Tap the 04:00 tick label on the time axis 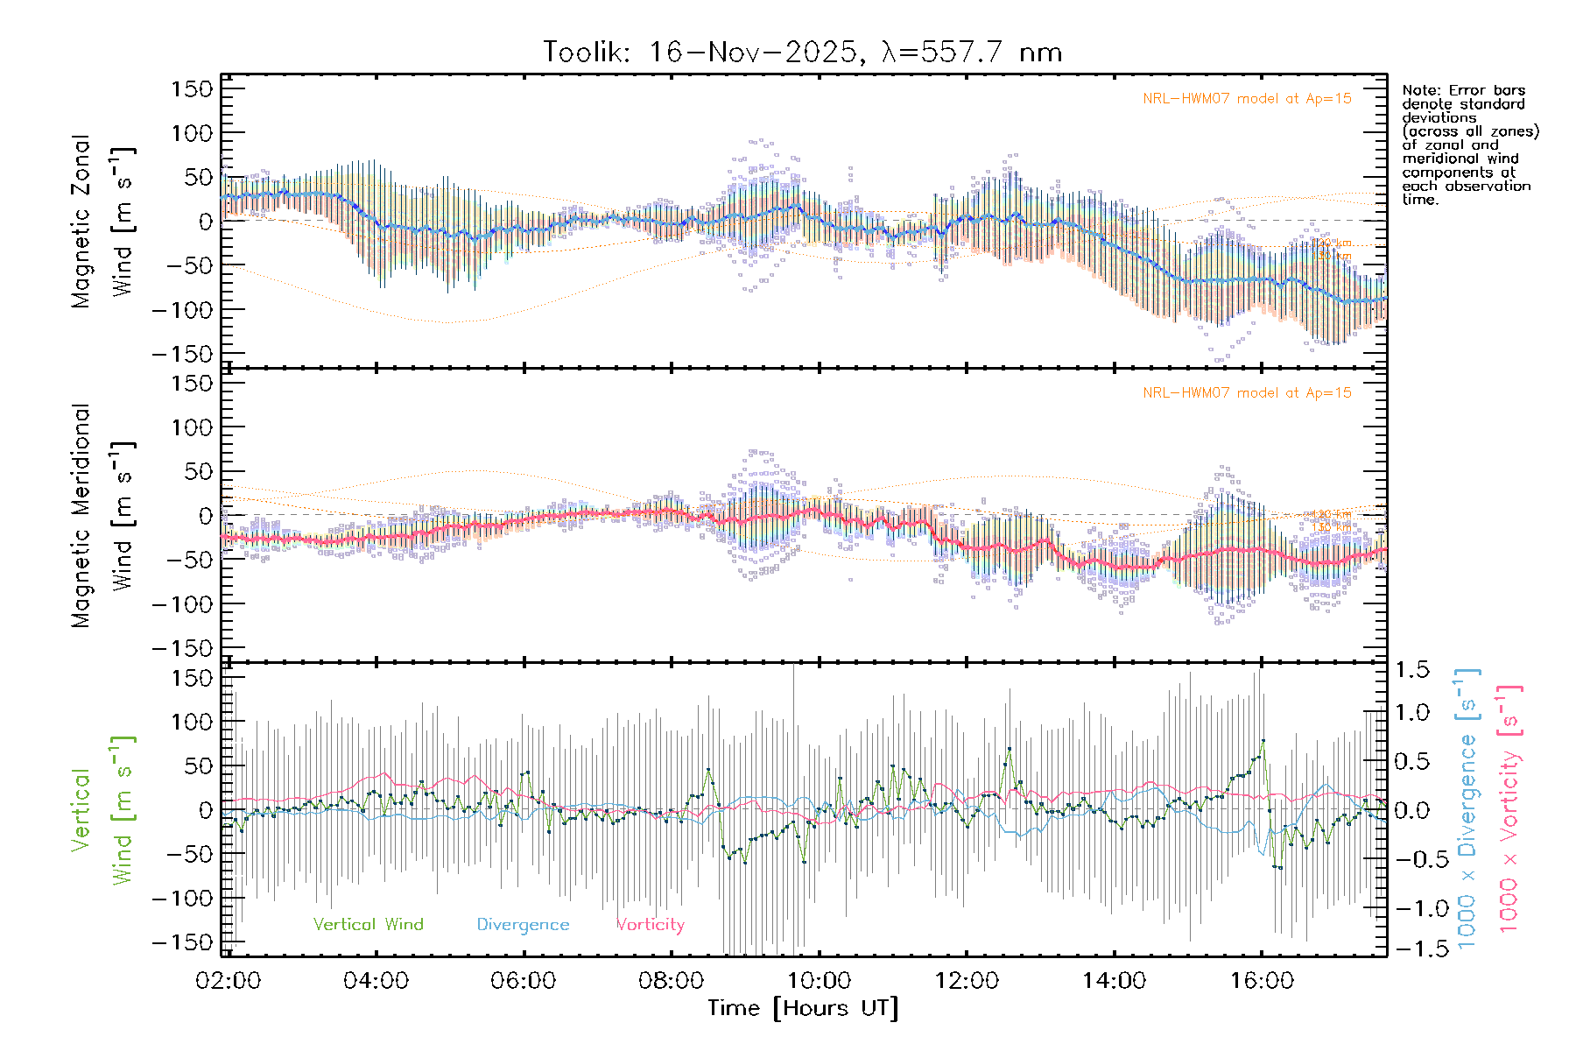click(x=376, y=981)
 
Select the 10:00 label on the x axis click(x=819, y=981)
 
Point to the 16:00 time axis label click(x=1261, y=981)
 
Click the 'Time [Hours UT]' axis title click(x=803, y=1008)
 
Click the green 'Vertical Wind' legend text click(x=368, y=924)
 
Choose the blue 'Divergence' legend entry click(x=523, y=924)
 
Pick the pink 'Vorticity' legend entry click(x=650, y=924)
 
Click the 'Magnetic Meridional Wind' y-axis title click(x=102, y=516)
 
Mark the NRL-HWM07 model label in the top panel click(x=1247, y=99)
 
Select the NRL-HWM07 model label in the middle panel click(x=1247, y=393)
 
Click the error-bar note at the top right click(x=1470, y=145)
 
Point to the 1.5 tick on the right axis click(x=1411, y=670)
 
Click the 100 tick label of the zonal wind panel click(x=192, y=133)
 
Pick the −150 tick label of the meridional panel click(x=182, y=648)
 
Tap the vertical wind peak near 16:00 click(x=1263, y=741)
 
